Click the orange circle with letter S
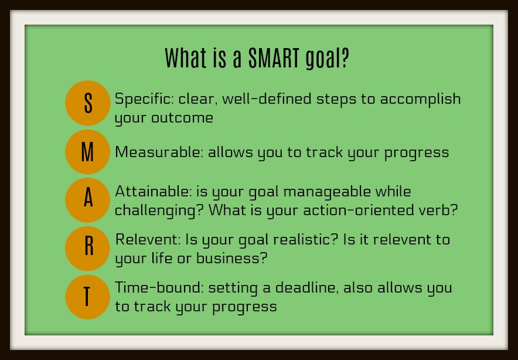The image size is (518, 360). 87,103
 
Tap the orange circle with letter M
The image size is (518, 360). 87,152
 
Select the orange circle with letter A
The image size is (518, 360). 87,200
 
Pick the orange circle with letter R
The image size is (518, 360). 87,249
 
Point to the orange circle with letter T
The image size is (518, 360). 87,297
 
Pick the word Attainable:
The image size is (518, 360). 154,191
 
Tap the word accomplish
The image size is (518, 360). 420,100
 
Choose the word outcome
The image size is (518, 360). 182,118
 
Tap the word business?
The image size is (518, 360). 231,258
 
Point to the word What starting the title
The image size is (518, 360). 186,58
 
